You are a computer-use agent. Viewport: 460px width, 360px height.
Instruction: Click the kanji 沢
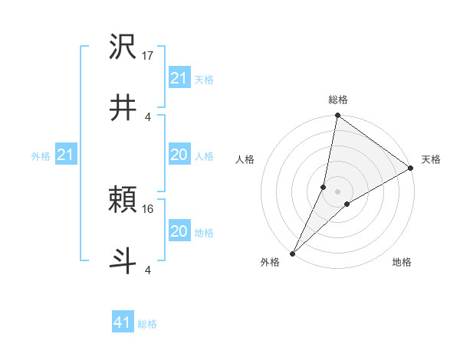(123, 48)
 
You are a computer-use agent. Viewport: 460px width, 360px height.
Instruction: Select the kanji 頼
(123, 201)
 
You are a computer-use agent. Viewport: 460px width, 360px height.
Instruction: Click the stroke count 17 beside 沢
(149, 57)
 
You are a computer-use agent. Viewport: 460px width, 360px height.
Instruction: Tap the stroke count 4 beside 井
(147, 116)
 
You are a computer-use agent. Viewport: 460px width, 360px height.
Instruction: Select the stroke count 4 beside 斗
(147, 270)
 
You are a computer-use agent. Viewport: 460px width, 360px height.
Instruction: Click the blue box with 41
(123, 323)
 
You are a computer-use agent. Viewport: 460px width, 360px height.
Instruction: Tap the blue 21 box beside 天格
(179, 78)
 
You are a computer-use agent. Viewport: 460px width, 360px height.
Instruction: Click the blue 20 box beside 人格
(179, 155)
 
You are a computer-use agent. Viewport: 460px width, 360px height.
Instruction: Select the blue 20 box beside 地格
(179, 231)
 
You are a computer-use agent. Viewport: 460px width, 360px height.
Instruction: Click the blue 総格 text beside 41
(147, 324)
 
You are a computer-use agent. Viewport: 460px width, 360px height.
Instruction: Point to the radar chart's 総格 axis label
(338, 100)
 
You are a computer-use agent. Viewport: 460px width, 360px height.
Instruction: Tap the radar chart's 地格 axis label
(402, 262)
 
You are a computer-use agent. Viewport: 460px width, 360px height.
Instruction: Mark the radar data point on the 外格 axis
(293, 253)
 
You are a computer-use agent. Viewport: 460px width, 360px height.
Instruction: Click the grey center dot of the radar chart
(338, 191)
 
